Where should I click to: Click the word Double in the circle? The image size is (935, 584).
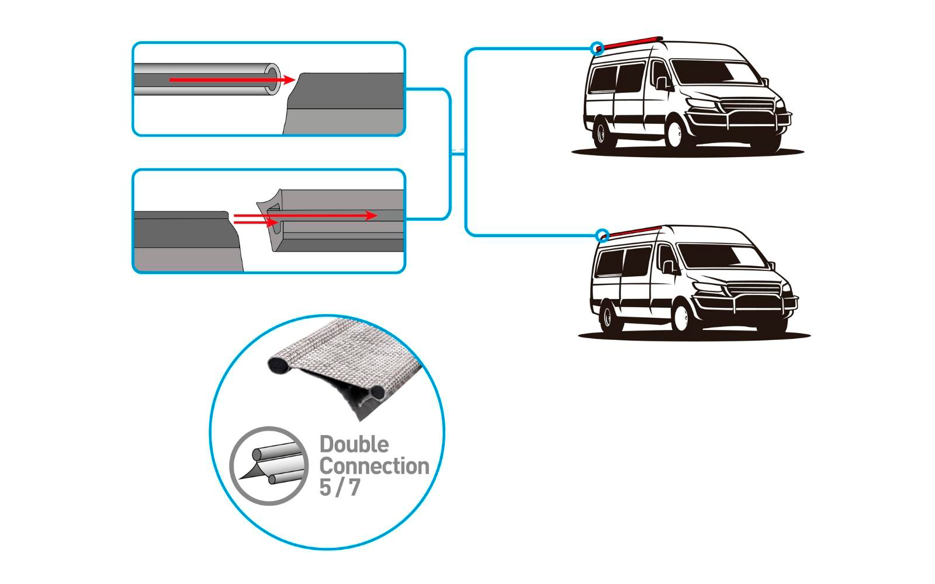tap(354, 444)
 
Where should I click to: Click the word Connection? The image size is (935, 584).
tap(374, 466)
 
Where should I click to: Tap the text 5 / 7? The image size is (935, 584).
tap(340, 487)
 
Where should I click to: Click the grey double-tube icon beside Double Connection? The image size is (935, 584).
tap(269, 465)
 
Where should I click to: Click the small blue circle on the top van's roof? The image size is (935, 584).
tap(597, 48)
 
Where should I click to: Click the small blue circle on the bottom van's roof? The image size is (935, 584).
tap(602, 236)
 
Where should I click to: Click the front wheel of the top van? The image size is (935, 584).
tap(676, 133)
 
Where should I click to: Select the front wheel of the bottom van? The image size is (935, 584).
tap(682, 317)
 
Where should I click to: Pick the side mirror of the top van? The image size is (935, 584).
tap(662, 83)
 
